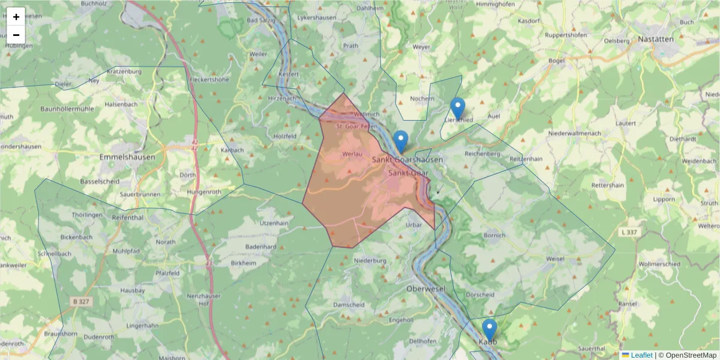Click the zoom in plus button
pyautogui.click(x=16, y=17)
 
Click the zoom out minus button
pyautogui.click(x=16, y=35)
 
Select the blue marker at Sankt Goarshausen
pyautogui.click(x=401, y=142)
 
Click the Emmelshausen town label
pyautogui.click(x=127, y=157)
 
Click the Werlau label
pyautogui.click(x=352, y=154)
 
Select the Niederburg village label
pyautogui.click(x=370, y=261)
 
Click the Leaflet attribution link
pyautogui.click(x=641, y=355)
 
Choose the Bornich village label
pyautogui.click(x=494, y=235)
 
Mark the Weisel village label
pyautogui.click(x=555, y=259)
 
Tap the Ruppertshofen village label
pyautogui.click(x=566, y=35)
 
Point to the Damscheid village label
pyautogui.click(x=349, y=305)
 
